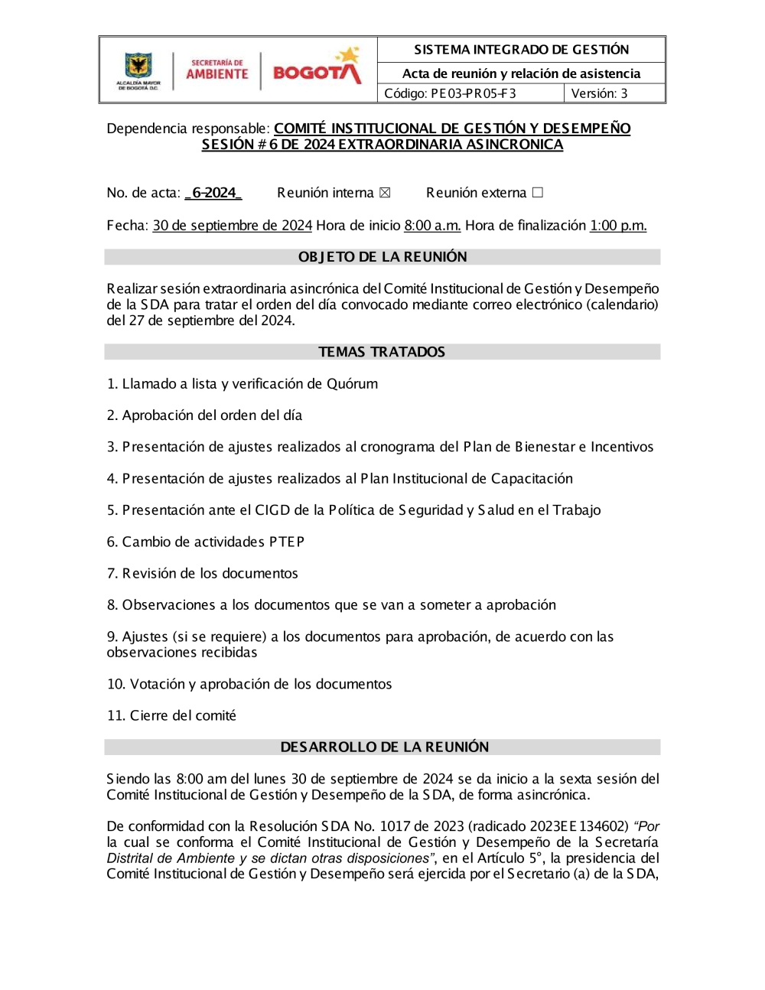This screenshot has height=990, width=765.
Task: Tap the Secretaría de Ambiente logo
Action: tap(217, 70)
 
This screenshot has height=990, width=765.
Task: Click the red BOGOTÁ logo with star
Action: tap(317, 67)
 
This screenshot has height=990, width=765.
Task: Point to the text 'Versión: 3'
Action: tap(599, 93)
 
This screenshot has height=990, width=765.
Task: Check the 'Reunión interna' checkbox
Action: tap(385, 193)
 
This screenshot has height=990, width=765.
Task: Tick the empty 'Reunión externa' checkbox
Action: tap(537, 193)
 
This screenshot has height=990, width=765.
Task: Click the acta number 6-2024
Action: tap(213, 193)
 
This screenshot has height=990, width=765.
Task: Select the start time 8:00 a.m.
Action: tap(432, 226)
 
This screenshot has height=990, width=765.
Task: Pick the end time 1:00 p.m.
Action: tap(618, 226)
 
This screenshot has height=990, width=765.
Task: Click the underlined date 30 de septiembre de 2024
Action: tap(233, 226)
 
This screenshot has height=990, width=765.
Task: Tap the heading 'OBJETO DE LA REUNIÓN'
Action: tap(382, 257)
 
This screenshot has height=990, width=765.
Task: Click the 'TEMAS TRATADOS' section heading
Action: tap(382, 352)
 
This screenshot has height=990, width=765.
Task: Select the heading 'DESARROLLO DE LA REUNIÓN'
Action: tap(384, 747)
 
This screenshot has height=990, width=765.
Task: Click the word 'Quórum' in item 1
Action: tap(352, 384)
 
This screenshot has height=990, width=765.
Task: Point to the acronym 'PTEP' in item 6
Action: tap(287, 542)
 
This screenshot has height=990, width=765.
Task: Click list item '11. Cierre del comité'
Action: tap(171, 715)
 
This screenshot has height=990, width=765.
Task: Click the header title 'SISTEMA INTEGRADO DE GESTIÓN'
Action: tap(522, 50)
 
